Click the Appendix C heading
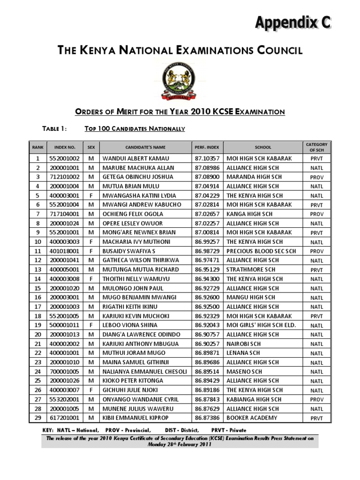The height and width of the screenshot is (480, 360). click(293, 22)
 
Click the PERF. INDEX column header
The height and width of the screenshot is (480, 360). click(207, 147)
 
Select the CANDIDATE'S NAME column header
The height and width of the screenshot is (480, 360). click(145, 147)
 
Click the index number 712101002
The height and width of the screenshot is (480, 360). click(64, 177)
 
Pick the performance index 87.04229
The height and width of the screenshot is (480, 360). click(207, 195)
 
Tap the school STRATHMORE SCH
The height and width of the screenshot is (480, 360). click(251, 270)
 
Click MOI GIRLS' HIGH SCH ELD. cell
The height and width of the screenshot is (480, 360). click(262, 325)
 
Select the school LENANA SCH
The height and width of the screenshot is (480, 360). click(243, 353)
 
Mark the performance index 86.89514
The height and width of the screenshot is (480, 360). click(207, 372)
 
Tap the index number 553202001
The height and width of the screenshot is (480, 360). click(64, 399)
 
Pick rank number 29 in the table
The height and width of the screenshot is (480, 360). click(38, 418)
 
